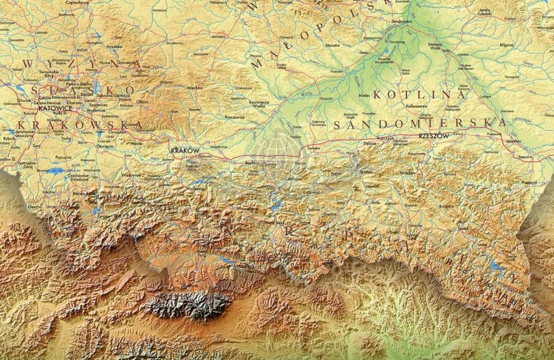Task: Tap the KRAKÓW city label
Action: pyautogui.click(x=185, y=150)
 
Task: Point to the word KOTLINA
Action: pyautogui.click(x=420, y=95)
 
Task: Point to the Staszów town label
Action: pyautogui.click(x=332, y=45)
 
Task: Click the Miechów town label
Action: pyautogui.click(x=194, y=87)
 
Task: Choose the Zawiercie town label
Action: pyautogui.click(x=126, y=61)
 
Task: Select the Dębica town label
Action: pyautogui.click(x=369, y=142)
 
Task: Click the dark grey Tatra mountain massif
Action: pyautogui.click(x=188, y=304)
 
